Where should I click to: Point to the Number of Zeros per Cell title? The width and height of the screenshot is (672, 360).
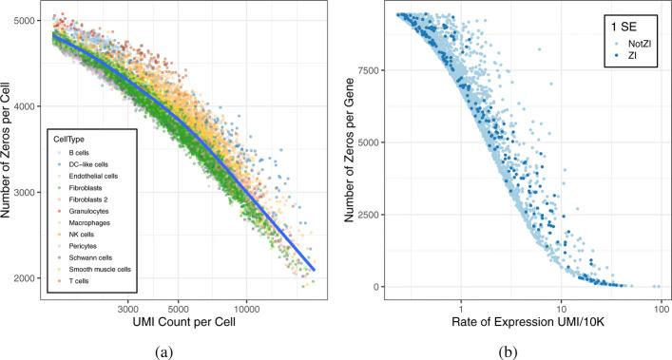[10, 153]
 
